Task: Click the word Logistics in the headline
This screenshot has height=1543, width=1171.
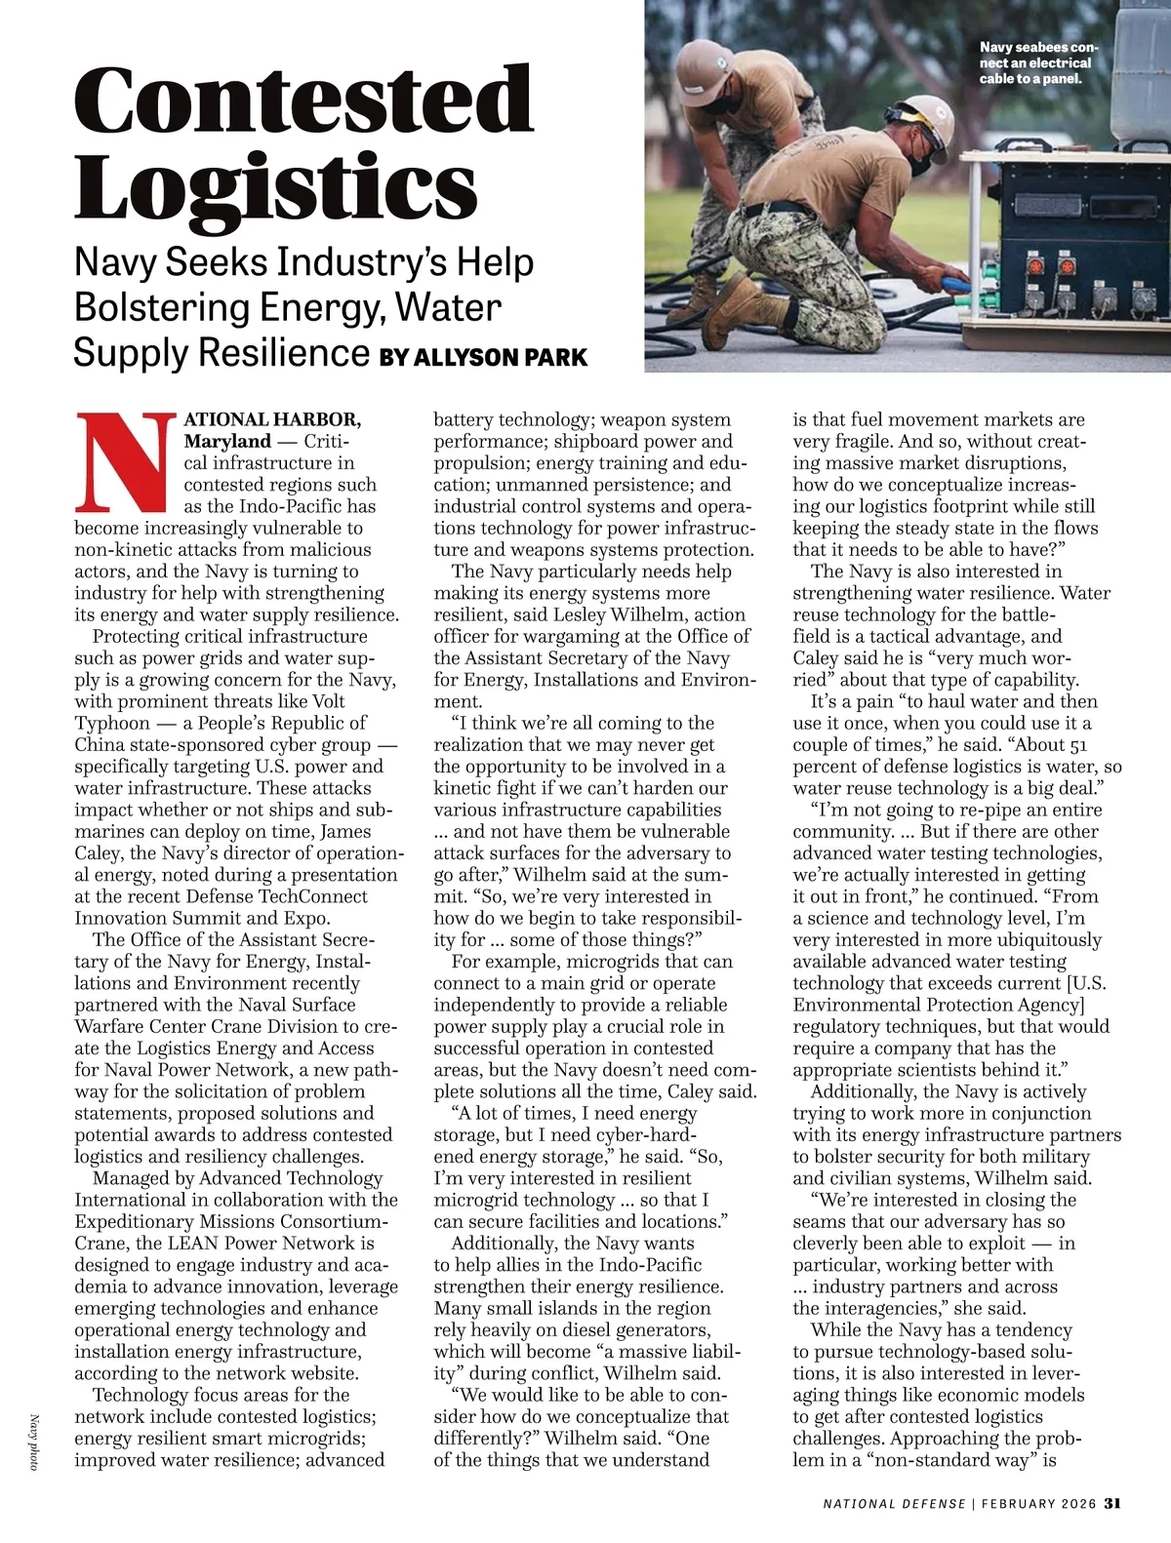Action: (x=276, y=187)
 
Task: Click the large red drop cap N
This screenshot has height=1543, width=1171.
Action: (x=125, y=463)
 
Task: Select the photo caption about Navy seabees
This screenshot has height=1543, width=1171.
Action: (x=1037, y=62)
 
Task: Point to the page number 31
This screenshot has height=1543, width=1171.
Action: (x=1112, y=1503)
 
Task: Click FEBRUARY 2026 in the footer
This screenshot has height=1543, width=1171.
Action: (x=1038, y=1503)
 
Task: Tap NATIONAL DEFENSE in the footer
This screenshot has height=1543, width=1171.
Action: (x=894, y=1503)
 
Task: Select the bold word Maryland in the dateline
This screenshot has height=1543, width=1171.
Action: (x=227, y=441)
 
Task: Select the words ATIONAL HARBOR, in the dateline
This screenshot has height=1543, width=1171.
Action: (x=272, y=419)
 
